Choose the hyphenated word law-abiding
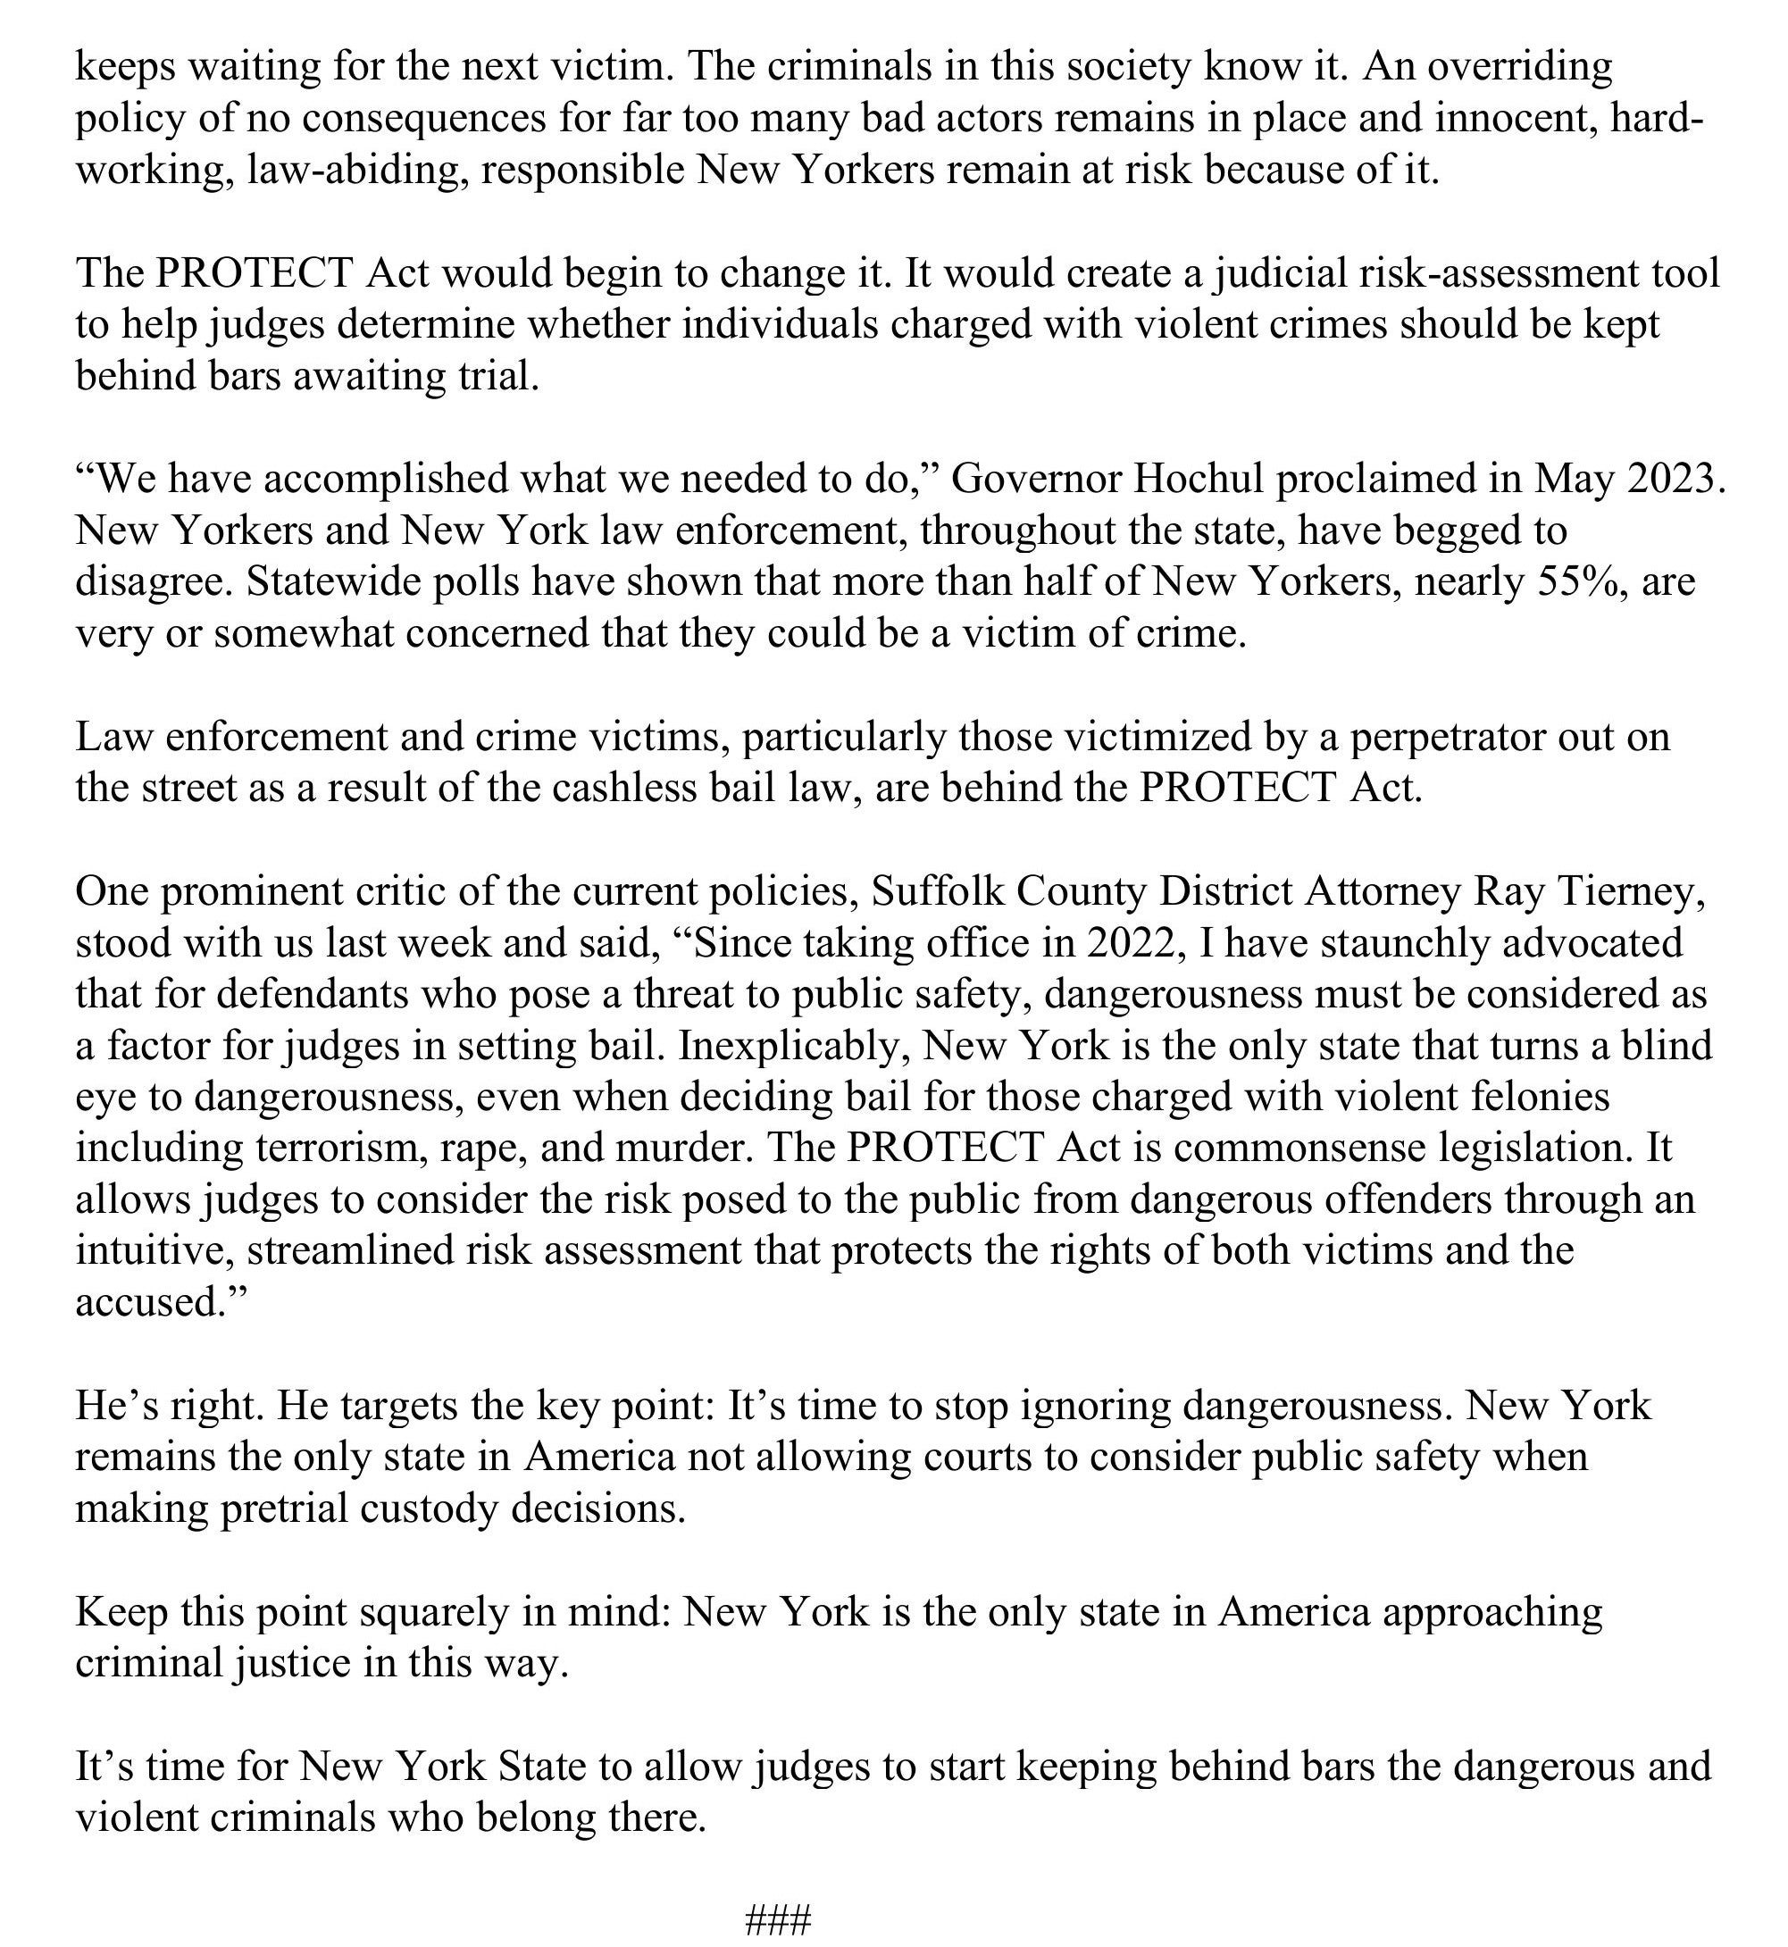356,171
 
